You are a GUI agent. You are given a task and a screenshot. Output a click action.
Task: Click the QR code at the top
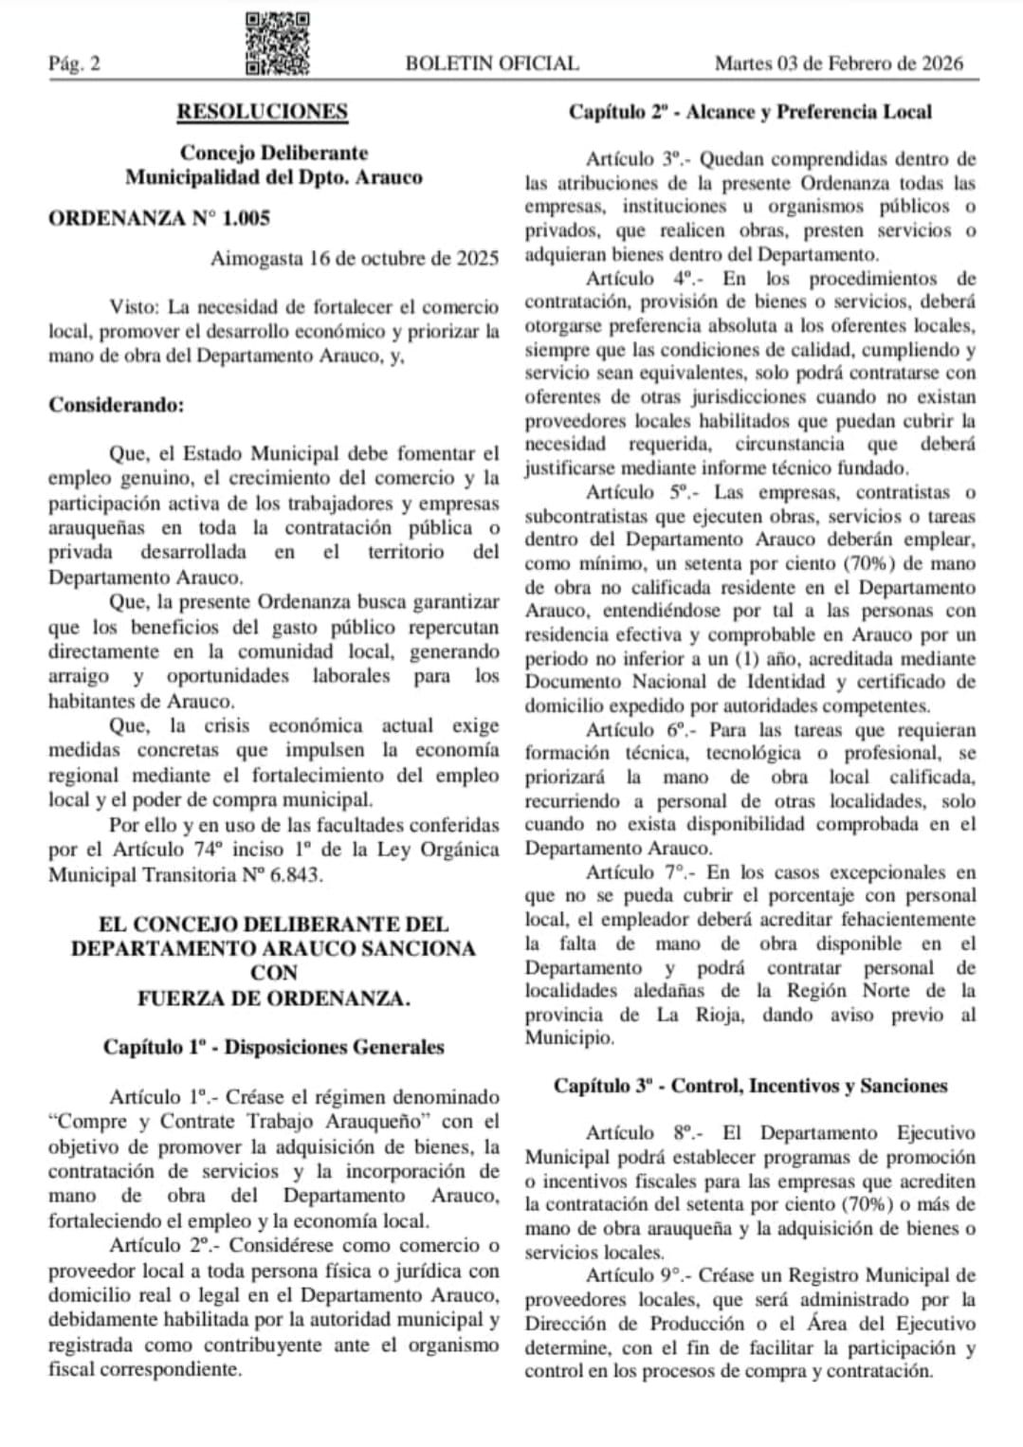pyautogui.click(x=277, y=44)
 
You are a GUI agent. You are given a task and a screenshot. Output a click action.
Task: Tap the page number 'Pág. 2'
pyautogui.click(x=75, y=64)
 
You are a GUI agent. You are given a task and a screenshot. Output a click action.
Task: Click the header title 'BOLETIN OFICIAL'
pyautogui.click(x=491, y=64)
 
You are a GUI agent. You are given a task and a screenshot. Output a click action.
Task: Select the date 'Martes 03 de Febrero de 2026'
pyautogui.click(x=838, y=64)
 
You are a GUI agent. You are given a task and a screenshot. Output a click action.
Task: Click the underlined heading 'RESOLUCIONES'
pyautogui.click(x=262, y=112)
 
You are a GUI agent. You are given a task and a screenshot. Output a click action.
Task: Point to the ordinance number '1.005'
pyautogui.click(x=246, y=218)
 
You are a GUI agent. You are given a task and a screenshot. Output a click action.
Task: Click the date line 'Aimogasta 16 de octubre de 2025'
pyautogui.click(x=355, y=258)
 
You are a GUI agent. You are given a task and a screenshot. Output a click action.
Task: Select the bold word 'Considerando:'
pyautogui.click(x=117, y=405)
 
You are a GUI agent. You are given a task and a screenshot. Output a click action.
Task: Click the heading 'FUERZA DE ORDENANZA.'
pyautogui.click(x=273, y=998)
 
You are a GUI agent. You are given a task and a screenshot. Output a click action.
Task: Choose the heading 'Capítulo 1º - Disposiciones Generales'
pyautogui.click(x=273, y=1047)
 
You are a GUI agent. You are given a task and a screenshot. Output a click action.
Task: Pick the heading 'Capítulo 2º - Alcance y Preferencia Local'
pyautogui.click(x=750, y=112)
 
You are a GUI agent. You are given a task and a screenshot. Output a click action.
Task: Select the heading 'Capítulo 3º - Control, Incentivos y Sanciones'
pyautogui.click(x=750, y=1086)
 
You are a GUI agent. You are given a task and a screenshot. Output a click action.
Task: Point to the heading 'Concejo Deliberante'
pyautogui.click(x=274, y=153)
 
